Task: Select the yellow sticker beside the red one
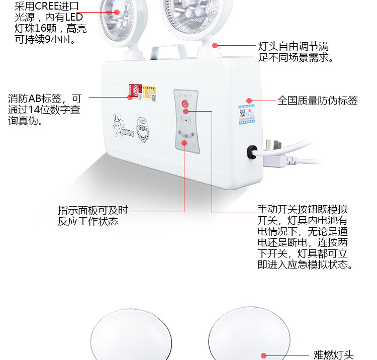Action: pos(149,92)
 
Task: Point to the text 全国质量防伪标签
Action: pos(318,101)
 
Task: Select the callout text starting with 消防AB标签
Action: pos(44,110)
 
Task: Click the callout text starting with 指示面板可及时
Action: pos(92,216)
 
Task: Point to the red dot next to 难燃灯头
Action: pos(263,355)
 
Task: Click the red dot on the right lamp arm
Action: pos(215,45)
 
